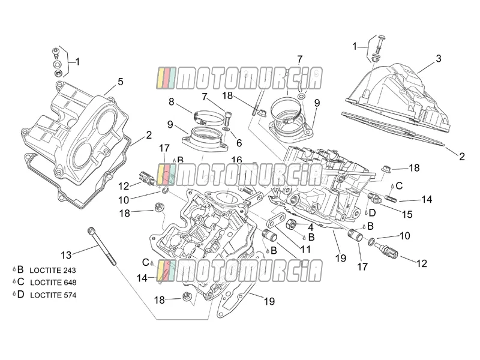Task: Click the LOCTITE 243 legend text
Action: [53, 271]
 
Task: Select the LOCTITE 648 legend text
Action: [53, 282]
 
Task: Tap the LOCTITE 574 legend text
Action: [53, 295]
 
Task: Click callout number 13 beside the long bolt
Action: [66, 255]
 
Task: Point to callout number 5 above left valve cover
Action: [121, 82]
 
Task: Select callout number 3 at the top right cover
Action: [439, 58]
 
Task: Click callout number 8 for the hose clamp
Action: [172, 101]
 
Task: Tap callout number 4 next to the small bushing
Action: [310, 227]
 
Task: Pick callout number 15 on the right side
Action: [407, 215]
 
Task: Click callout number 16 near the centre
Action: [236, 160]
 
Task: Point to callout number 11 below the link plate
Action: [305, 250]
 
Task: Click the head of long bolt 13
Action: [91, 230]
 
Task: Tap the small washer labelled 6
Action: [227, 130]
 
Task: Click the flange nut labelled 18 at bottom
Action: [185, 296]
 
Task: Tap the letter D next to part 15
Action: [372, 213]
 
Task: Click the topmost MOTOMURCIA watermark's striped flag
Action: [166, 79]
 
